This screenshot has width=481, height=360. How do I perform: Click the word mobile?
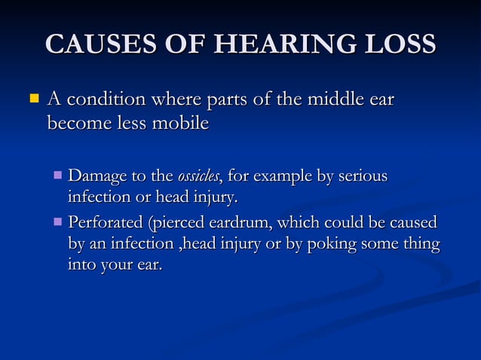179,123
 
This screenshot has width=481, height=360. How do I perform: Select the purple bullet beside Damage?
59,177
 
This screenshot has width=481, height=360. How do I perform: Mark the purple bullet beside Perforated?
59,223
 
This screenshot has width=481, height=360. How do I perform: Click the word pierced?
179,223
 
